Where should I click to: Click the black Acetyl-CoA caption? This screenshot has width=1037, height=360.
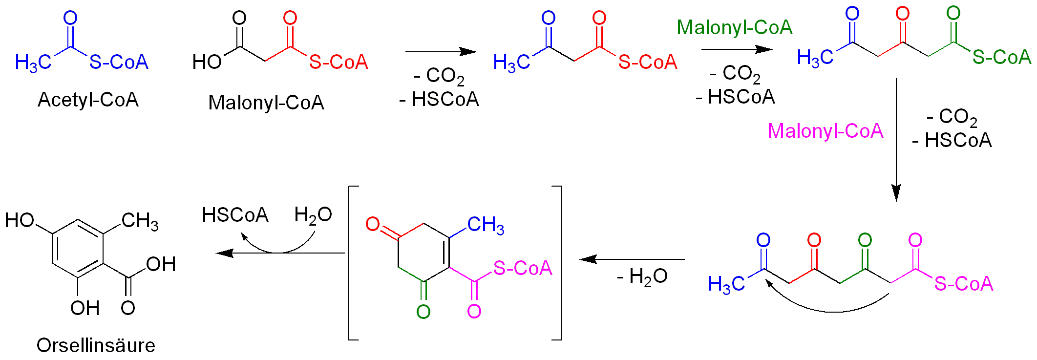(x=88, y=100)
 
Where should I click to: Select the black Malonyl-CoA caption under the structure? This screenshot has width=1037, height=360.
(x=266, y=103)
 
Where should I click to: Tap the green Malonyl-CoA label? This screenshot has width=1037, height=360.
(x=734, y=27)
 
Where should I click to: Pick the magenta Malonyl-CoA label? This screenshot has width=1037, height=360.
(x=825, y=131)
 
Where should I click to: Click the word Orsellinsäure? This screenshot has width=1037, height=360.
(x=96, y=345)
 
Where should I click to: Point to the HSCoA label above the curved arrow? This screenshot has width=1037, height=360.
(x=235, y=215)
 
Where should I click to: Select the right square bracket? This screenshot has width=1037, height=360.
(x=558, y=263)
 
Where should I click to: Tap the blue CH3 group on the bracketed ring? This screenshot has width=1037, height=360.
(x=485, y=225)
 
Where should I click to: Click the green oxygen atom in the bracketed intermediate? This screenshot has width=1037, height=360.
(x=423, y=312)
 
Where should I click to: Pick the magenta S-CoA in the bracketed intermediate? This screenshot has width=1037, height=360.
(x=522, y=268)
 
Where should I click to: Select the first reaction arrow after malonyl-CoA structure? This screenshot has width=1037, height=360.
(x=441, y=51)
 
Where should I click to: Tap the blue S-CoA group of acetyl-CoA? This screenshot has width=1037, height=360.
(x=119, y=62)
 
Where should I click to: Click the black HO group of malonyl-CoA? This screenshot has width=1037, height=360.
(x=207, y=62)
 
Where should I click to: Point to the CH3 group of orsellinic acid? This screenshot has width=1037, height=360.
(x=140, y=221)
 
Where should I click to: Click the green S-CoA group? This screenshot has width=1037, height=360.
(x=1001, y=57)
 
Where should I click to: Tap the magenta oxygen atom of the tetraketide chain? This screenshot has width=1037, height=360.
(x=915, y=240)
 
